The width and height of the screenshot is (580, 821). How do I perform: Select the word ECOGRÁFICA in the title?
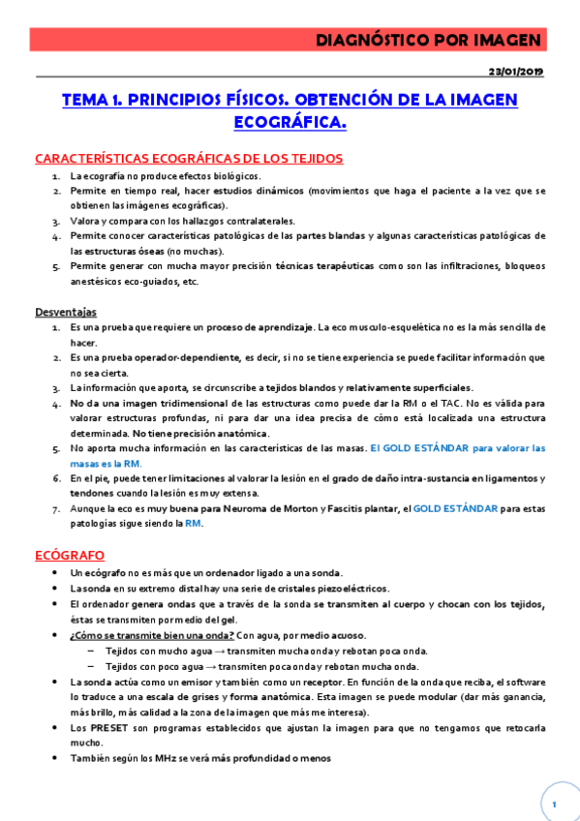click(x=290, y=122)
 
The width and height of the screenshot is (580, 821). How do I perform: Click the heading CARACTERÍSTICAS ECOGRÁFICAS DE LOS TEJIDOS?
click(x=188, y=158)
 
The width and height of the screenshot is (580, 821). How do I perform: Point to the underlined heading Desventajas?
click(x=66, y=312)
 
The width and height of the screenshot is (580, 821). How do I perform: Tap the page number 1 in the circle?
click(x=554, y=805)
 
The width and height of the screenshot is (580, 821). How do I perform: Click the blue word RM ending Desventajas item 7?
click(x=194, y=524)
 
